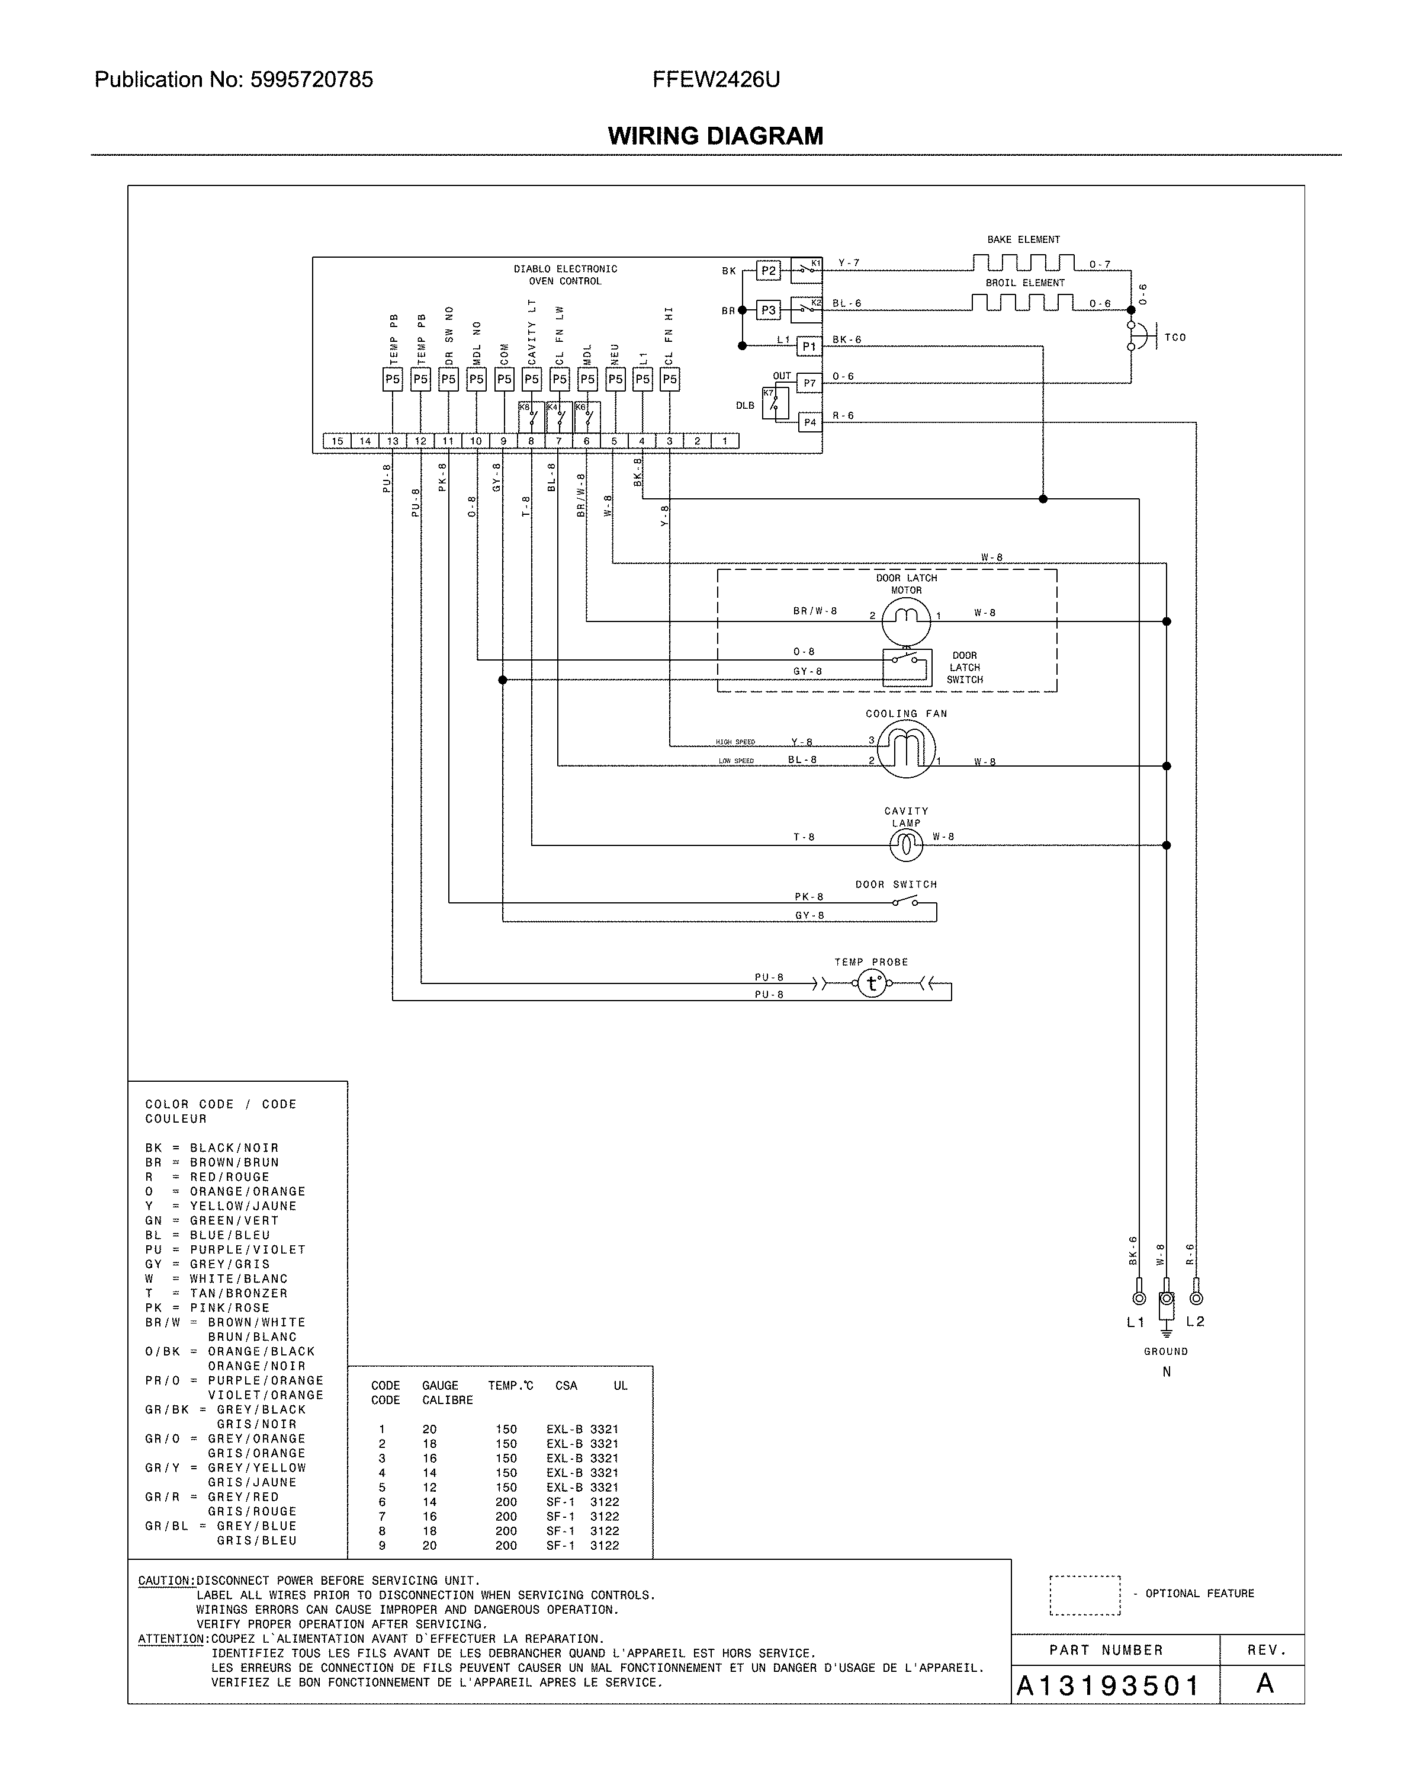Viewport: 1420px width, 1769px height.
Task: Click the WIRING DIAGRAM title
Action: pos(715,136)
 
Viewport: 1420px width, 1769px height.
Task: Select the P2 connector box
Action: pos(768,271)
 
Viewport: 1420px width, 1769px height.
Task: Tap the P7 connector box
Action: pos(809,383)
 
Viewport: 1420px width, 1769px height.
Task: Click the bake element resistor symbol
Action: pos(1023,262)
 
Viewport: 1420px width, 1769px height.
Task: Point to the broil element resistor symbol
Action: pos(1023,303)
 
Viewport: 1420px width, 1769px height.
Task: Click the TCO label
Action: pos(1175,337)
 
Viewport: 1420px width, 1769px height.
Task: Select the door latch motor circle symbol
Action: pos(905,620)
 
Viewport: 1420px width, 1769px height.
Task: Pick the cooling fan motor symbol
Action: pos(905,748)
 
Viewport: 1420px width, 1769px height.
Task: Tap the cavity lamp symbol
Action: pos(905,844)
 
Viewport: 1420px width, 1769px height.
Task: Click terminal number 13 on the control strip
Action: pos(393,441)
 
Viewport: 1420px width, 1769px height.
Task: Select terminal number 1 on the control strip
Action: pos(724,441)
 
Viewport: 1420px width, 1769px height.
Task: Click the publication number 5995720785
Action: pos(311,79)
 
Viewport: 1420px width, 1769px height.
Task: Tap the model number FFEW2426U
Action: pos(716,79)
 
